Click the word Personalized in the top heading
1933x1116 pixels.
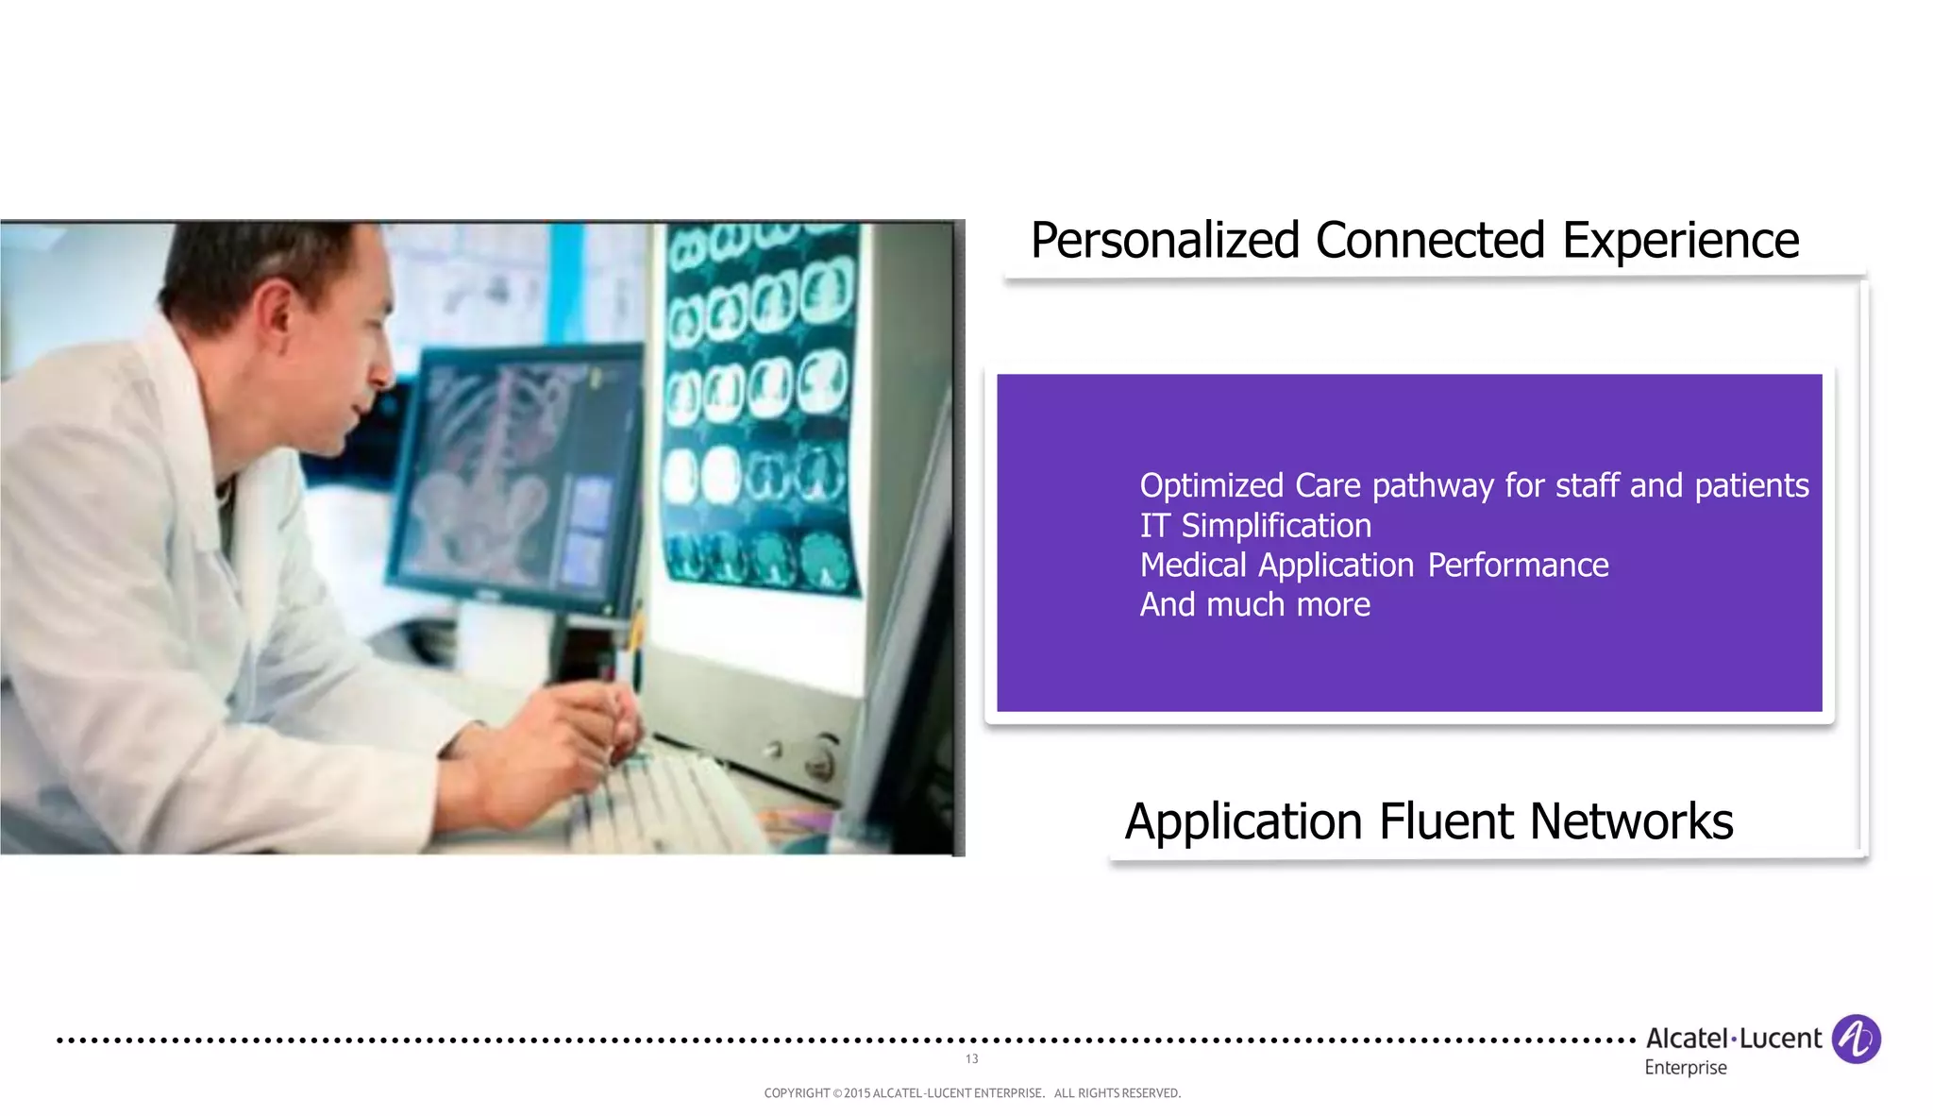coord(1165,241)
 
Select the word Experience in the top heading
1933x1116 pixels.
coord(1680,241)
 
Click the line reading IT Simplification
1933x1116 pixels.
coord(1255,526)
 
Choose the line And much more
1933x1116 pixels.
coord(1254,604)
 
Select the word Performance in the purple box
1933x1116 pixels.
coord(1518,566)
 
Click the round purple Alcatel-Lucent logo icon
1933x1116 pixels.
coord(1856,1040)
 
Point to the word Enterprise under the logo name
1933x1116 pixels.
coord(1686,1068)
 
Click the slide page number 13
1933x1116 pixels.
coord(971,1059)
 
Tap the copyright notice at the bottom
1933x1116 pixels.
coord(972,1093)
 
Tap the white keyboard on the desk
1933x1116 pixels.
coord(670,803)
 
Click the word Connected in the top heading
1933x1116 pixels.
coord(1430,241)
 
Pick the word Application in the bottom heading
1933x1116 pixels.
coord(1243,821)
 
